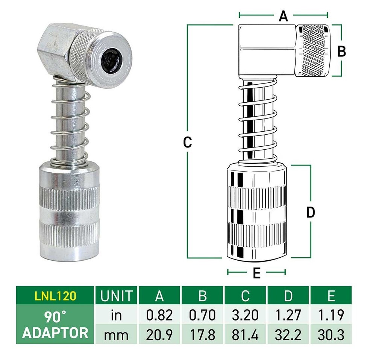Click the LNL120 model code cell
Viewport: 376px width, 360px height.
pyautogui.click(x=55, y=296)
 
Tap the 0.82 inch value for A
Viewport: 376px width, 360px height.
pyautogui.click(x=159, y=315)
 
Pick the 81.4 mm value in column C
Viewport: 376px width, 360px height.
pyautogui.click(x=245, y=334)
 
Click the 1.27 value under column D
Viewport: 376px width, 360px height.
pyautogui.click(x=288, y=315)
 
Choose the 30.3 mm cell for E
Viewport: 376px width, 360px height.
pyautogui.click(x=331, y=334)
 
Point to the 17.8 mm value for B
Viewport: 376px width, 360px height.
pyautogui.click(x=202, y=334)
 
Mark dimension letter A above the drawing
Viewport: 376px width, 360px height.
pyautogui.click(x=283, y=16)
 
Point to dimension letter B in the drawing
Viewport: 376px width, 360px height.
pyautogui.click(x=341, y=51)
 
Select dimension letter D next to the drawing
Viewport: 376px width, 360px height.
pyautogui.click(x=311, y=213)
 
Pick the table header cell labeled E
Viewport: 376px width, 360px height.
pyautogui.click(x=331, y=296)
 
